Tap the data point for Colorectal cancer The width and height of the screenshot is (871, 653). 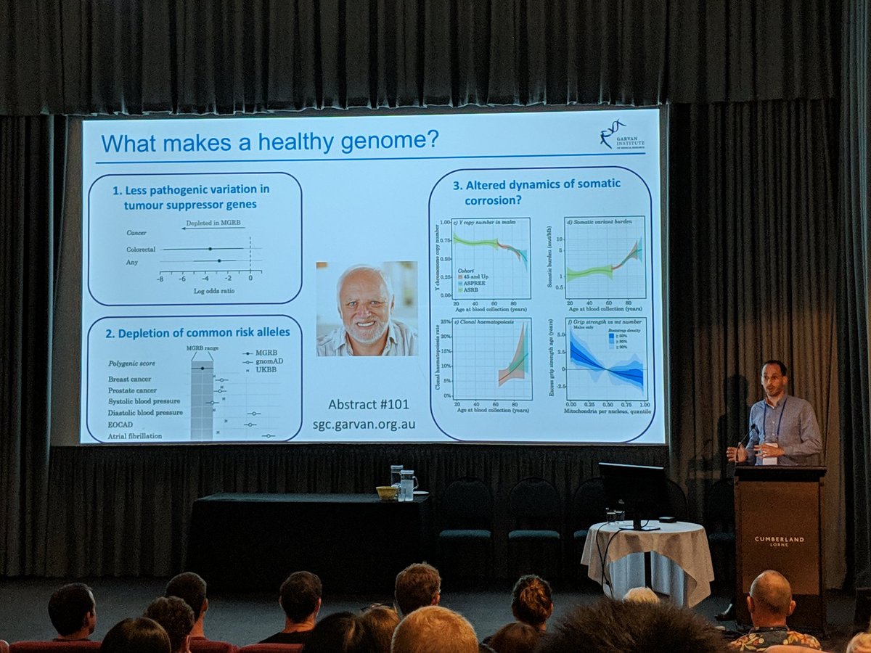[x=210, y=248]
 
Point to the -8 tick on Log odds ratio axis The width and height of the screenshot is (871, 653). [x=160, y=278]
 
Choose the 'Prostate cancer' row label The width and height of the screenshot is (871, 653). [x=132, y=390]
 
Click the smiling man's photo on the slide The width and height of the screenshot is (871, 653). [x=367, y=308]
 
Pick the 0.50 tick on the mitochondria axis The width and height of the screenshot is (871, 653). [x=608, y=403]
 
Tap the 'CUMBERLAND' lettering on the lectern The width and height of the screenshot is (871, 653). [x=779, y=539]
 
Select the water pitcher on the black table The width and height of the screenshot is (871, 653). [x=408, y=485]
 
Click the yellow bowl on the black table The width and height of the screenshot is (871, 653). [x=386, y=493]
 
